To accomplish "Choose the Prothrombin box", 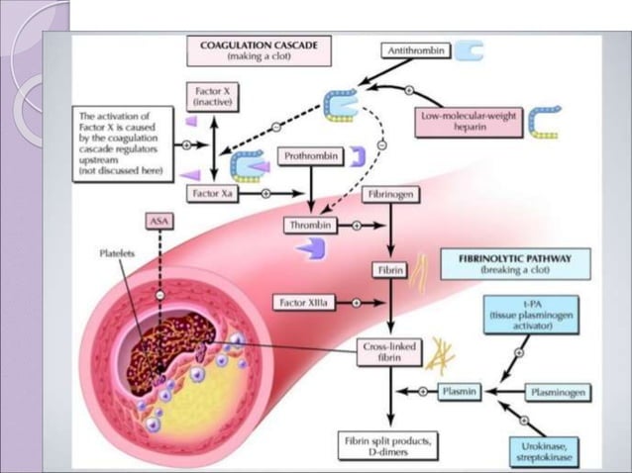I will (308, 156).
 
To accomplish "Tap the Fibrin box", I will (387, 268).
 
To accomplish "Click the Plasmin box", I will (460, 392).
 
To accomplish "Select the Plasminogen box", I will (556, 393).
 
